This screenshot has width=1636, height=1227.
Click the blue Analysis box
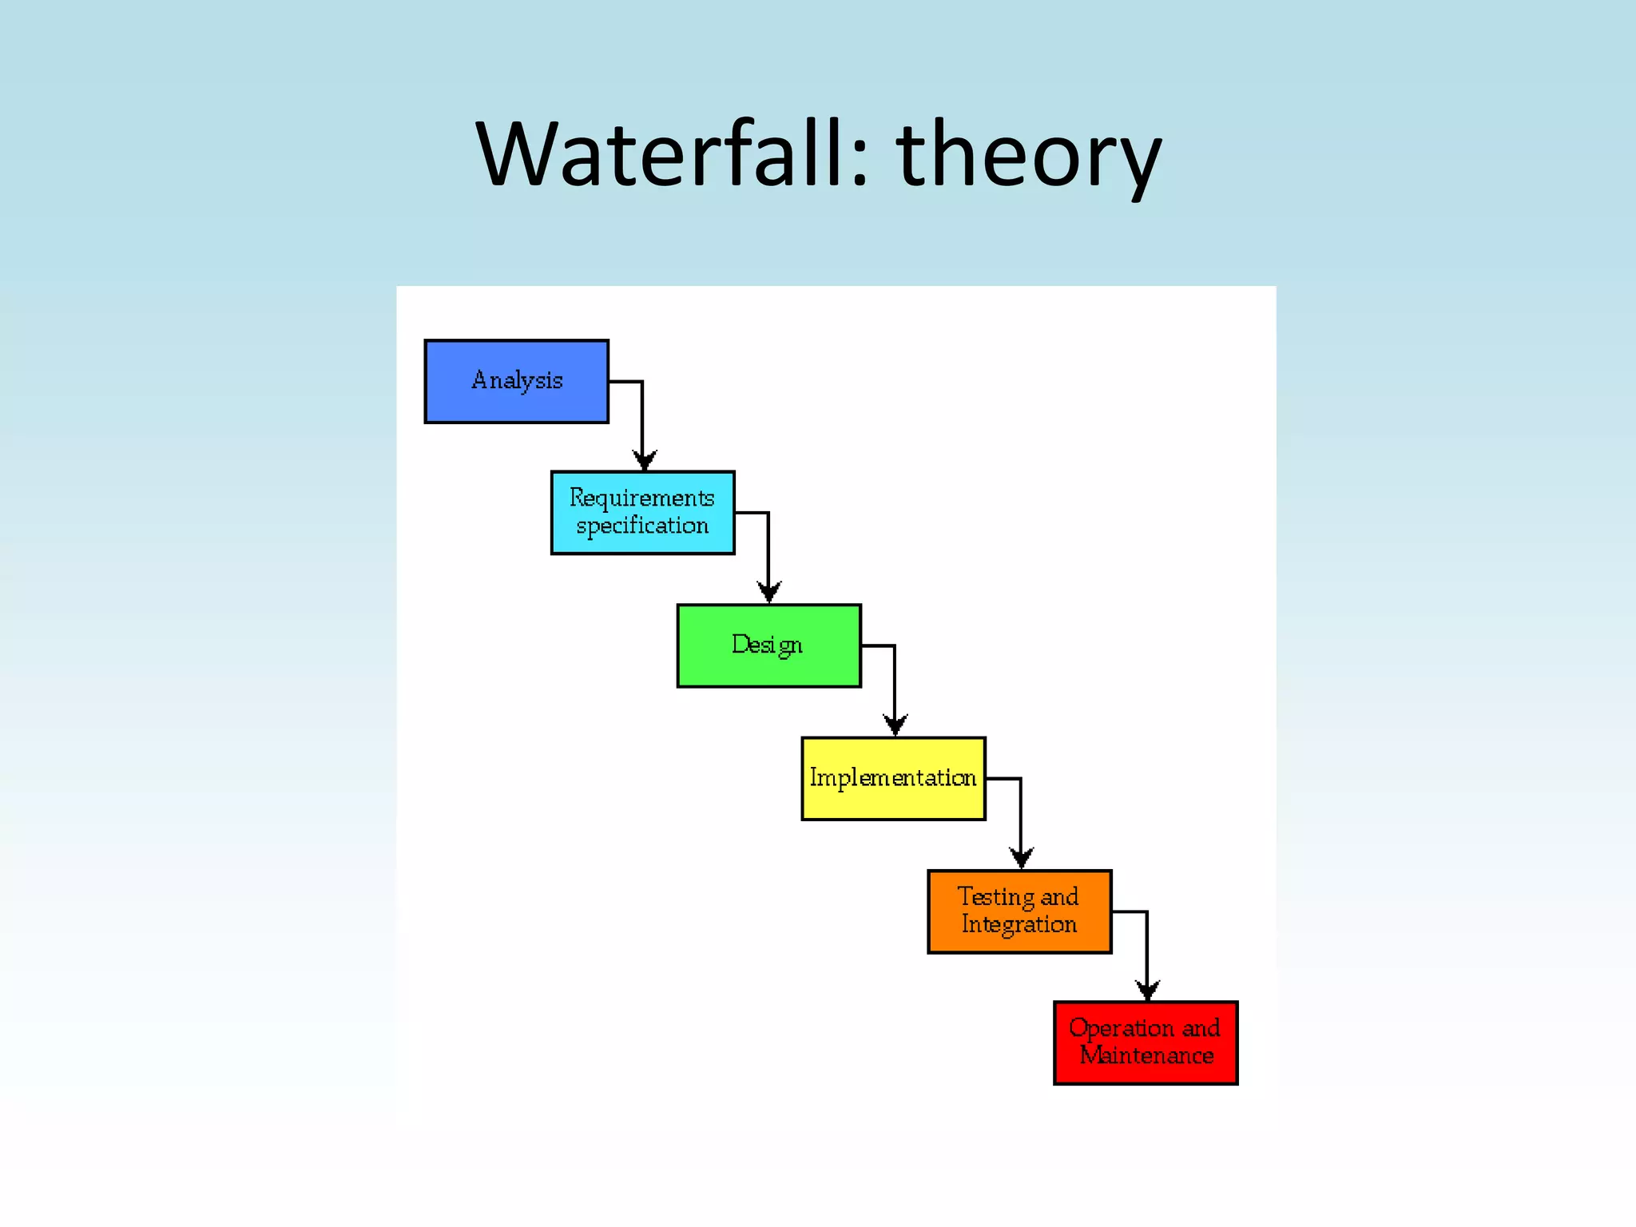(x=516, y=381)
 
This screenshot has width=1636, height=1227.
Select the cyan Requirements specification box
(x=642, y=512)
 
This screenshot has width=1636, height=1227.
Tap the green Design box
(x=768, y=645)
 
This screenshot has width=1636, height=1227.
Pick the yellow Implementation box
(x=893, y=778)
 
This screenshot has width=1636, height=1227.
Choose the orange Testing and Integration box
(x=1019, y=911)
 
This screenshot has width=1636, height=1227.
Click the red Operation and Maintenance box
(x=1145, y=1042)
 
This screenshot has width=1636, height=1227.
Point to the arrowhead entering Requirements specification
(x=644, y=460)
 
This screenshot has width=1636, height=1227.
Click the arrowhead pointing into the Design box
(x=768, y=592)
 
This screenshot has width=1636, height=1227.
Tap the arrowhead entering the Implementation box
(x=895, y=725)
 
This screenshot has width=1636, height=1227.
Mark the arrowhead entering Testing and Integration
(x=1021, y=858)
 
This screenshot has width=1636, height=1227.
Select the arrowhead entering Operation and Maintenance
(x=1147, y=991)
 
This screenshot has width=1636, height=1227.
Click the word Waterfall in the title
(x=658, y=153)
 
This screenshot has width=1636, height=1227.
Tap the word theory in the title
(x=1028, y=156)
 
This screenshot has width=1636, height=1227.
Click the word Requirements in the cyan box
(x=641, y=498)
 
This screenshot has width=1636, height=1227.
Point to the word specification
(x=642, y=526)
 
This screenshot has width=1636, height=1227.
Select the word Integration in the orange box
(x=1019, y=925)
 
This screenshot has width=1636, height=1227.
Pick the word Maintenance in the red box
(x=1146, y=1056)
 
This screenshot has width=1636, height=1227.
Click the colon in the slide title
(x=859, y=164)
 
